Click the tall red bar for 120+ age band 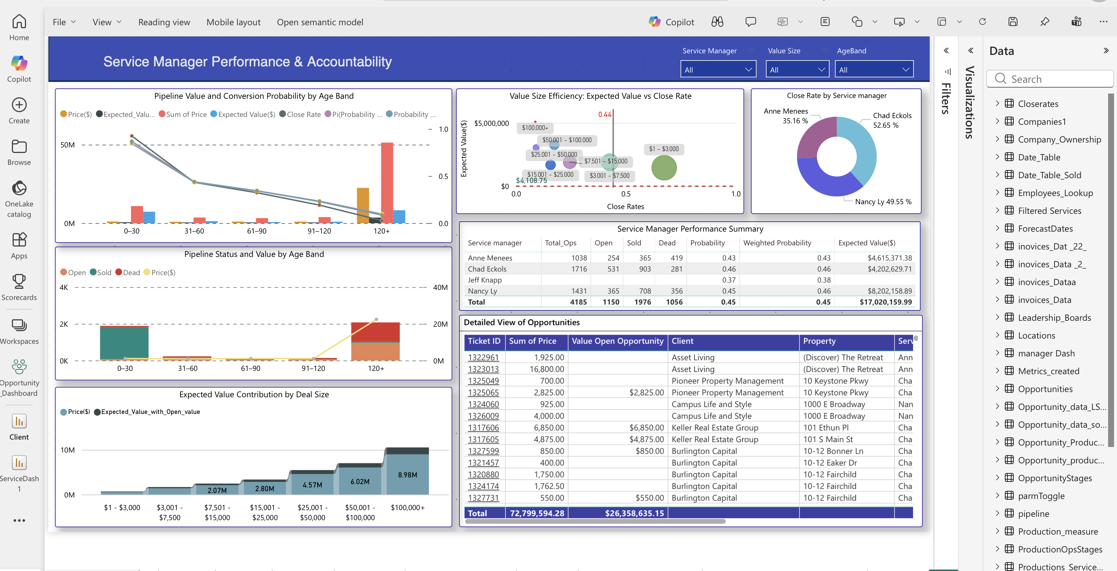(387, 182)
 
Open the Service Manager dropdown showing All (718, 70)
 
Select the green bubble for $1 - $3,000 (664, 168)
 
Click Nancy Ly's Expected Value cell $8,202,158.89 (889, 291)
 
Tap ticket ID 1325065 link (483, 392)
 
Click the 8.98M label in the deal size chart (407, 475)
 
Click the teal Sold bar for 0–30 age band (124, 343)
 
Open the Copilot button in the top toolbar (671, 22)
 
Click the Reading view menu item (164, 22)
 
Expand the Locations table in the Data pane (997, 335)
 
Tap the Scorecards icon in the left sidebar (19, 287)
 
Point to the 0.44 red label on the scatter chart (604, 114)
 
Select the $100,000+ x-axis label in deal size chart (407, 507)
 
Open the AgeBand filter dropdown (874, 70)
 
